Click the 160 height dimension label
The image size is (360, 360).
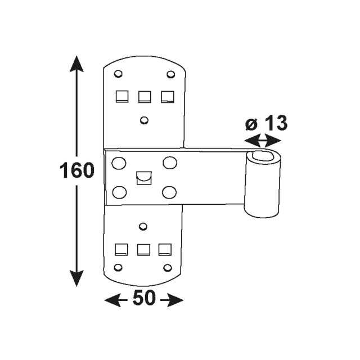click(x=77, y=170)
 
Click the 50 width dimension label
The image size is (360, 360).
click(x=144, y=300)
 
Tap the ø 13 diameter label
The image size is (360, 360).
click(x=267, y=123)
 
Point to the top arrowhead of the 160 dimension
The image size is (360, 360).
click(x=77, y=64)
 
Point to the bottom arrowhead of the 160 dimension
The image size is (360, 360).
click(x=77, y=278)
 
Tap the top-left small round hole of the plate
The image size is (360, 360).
click(x=118, y=74)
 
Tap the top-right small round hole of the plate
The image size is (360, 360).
click(x=170, y=74)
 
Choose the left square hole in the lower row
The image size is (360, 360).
click(x=120, y=249)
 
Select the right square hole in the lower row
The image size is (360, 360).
click(x=164, y=249)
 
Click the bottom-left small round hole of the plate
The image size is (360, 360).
click(x=118, y=267)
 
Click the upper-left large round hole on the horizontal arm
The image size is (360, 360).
click(x=119, y=164)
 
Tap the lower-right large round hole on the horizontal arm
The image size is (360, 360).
click(x=169, y=192)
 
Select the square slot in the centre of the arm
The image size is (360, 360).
click(x=143, y=178)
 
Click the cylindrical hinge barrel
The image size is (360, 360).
click(x=262, y=186)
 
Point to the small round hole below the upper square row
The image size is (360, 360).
click(x=145, y=119)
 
